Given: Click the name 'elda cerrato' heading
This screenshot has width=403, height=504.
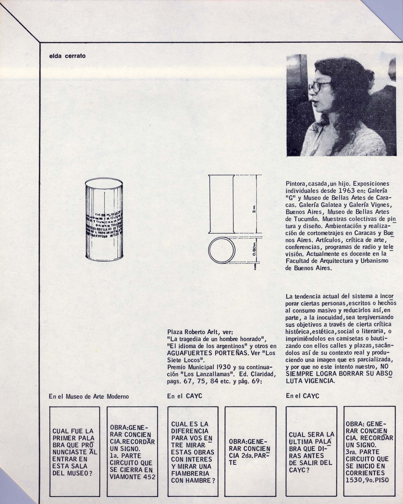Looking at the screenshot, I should coord(67,56).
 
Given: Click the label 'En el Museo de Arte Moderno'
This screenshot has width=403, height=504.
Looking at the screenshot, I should coord(89,396).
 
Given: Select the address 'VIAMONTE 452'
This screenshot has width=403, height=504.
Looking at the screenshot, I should coord(133,477).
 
